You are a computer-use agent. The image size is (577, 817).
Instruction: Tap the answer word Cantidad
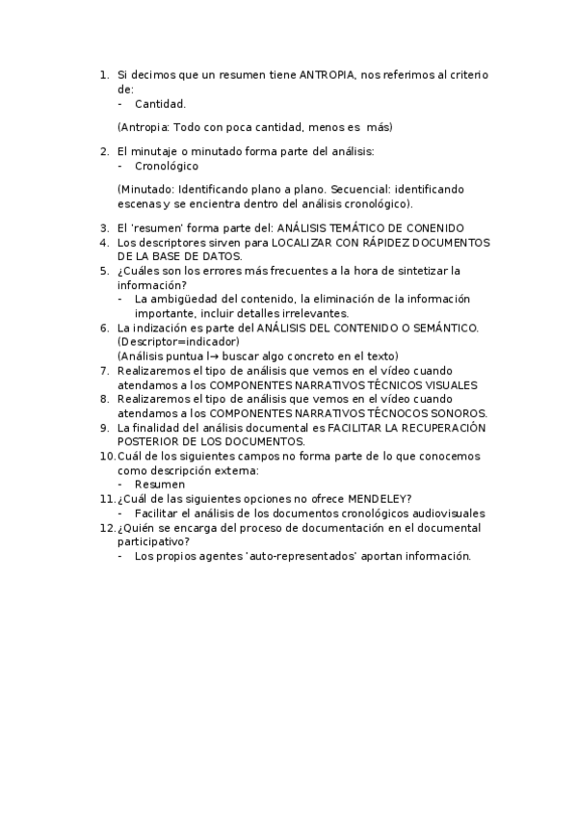[x=160, y=103]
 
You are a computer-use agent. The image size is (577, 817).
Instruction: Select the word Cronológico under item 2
[x=167, y=166]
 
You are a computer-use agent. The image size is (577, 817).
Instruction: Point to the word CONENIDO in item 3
[x=439, y=227]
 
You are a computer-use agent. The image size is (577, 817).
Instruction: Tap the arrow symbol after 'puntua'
[x=207, y=356]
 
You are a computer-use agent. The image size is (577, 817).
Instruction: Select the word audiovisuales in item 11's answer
[x=445, y=514]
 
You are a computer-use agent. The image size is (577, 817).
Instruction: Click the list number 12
[x=106, y=528]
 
